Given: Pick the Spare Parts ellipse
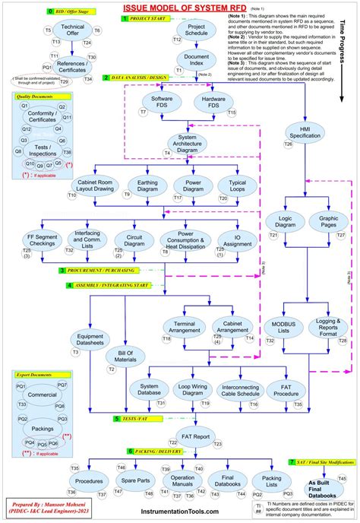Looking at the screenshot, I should tap(132, 480).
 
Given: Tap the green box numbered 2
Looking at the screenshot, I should tap(106, 78).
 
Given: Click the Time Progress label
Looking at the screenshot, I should tap(346, 53).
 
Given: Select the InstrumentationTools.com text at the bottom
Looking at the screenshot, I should tap(178, 512).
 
